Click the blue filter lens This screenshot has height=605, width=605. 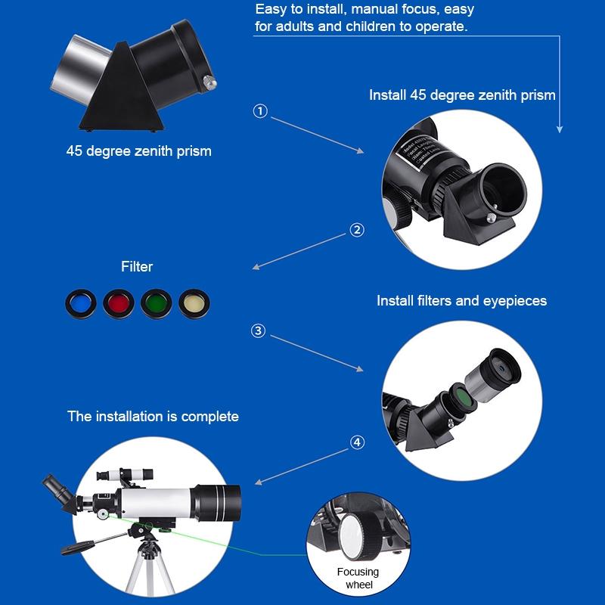[79, 304]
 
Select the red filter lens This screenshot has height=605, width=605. [117, 304]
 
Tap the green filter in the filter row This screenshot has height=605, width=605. [157, 304]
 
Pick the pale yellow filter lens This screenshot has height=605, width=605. [193, 304]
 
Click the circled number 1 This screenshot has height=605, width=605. [260, 111]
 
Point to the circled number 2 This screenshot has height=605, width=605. [357, 230]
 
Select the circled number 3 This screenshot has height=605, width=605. [259, 330]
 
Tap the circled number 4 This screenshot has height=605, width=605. [357, 442]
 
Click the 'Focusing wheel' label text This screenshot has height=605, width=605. [358, 578]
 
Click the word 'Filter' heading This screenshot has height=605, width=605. [137, 266]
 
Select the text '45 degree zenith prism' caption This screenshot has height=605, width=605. [138, 151]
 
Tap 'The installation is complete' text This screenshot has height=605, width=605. [153, 416]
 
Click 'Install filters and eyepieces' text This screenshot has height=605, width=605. [461, 301]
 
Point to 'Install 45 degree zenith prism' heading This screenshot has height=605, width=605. [462, 95]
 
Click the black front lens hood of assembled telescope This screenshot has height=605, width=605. [222, 504]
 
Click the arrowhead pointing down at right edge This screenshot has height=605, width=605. [560, 129]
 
